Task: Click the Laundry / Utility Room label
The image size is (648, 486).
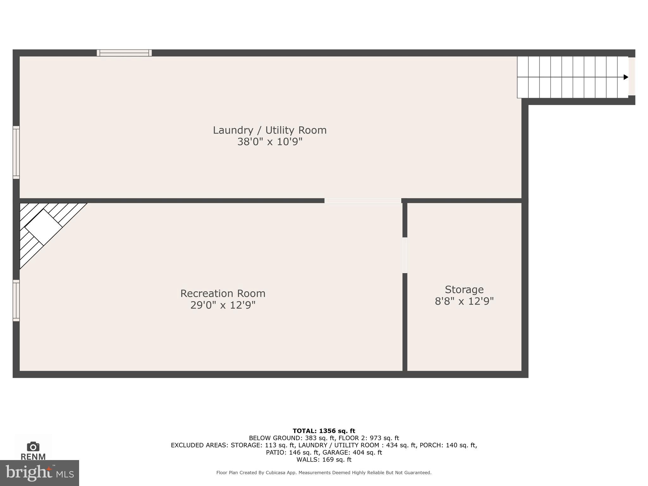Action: pos(270,130)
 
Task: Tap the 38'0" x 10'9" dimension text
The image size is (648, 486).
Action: pos(270,142)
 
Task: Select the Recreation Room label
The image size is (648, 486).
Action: pos(223,293)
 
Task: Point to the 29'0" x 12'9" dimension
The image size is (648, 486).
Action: pos(223,305)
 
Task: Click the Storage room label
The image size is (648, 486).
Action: pos(464,290)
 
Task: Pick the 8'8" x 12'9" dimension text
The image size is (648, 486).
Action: pos(464,301)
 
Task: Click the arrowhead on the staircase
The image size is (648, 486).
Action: pos(626,77)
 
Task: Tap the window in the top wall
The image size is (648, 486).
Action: pos(124,53)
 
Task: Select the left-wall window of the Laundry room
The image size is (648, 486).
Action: pos(16,152)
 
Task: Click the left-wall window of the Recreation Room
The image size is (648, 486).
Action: pos(16,300)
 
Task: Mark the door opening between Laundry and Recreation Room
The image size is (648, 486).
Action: pos(363,201)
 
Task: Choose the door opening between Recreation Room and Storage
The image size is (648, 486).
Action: pos(405,255)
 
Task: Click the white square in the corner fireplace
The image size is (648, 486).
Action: pos(43,227)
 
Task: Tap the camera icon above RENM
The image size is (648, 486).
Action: pos(33,446)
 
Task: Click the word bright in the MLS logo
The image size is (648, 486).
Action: pos(28,472)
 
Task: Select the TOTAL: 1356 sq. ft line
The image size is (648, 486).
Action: pos(324,431)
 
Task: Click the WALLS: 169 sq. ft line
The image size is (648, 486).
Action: pos(324,460)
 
